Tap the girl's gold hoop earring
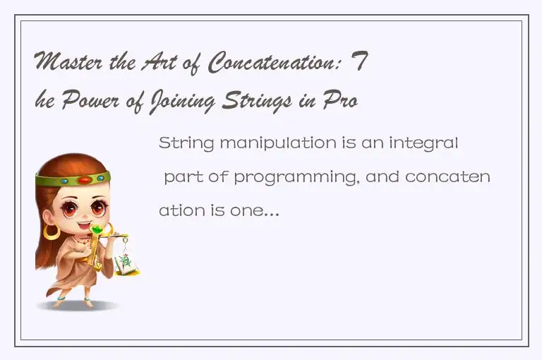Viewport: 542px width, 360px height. pyautogui.click(x=52, y=231)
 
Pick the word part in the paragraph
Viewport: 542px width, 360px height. pyautogui.click(x=181, y=177)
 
